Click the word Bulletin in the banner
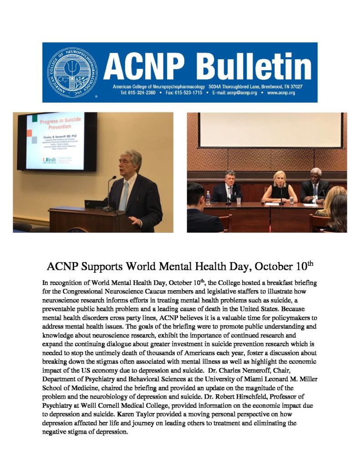256,66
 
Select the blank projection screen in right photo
270,130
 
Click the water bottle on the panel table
208,197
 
